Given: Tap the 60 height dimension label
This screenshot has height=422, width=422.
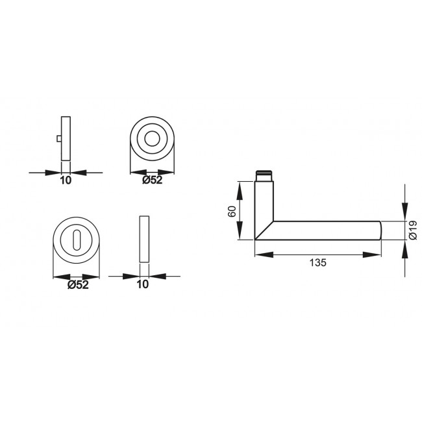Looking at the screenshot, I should [232, 211].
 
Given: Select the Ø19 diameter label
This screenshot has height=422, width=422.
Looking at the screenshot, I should [412, 230].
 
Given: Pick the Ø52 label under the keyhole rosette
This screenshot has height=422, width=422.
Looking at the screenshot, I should [78, 284].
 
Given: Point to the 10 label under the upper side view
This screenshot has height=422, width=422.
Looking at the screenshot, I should [65, 180].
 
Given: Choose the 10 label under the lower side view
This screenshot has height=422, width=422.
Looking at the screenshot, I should [143, 284].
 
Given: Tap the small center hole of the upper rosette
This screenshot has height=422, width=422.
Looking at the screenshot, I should [153, 139].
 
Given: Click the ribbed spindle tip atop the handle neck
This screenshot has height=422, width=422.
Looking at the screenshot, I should [264, 176].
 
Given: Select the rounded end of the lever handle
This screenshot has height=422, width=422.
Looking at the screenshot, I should [379, 230].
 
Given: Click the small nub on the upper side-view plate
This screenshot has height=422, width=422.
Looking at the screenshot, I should [58, 139].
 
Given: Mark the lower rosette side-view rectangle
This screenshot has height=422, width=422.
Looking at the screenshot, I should [144, 238].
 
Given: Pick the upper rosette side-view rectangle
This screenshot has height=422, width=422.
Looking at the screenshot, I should [65, 138].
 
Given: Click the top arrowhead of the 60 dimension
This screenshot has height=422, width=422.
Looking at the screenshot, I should [241, 186].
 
